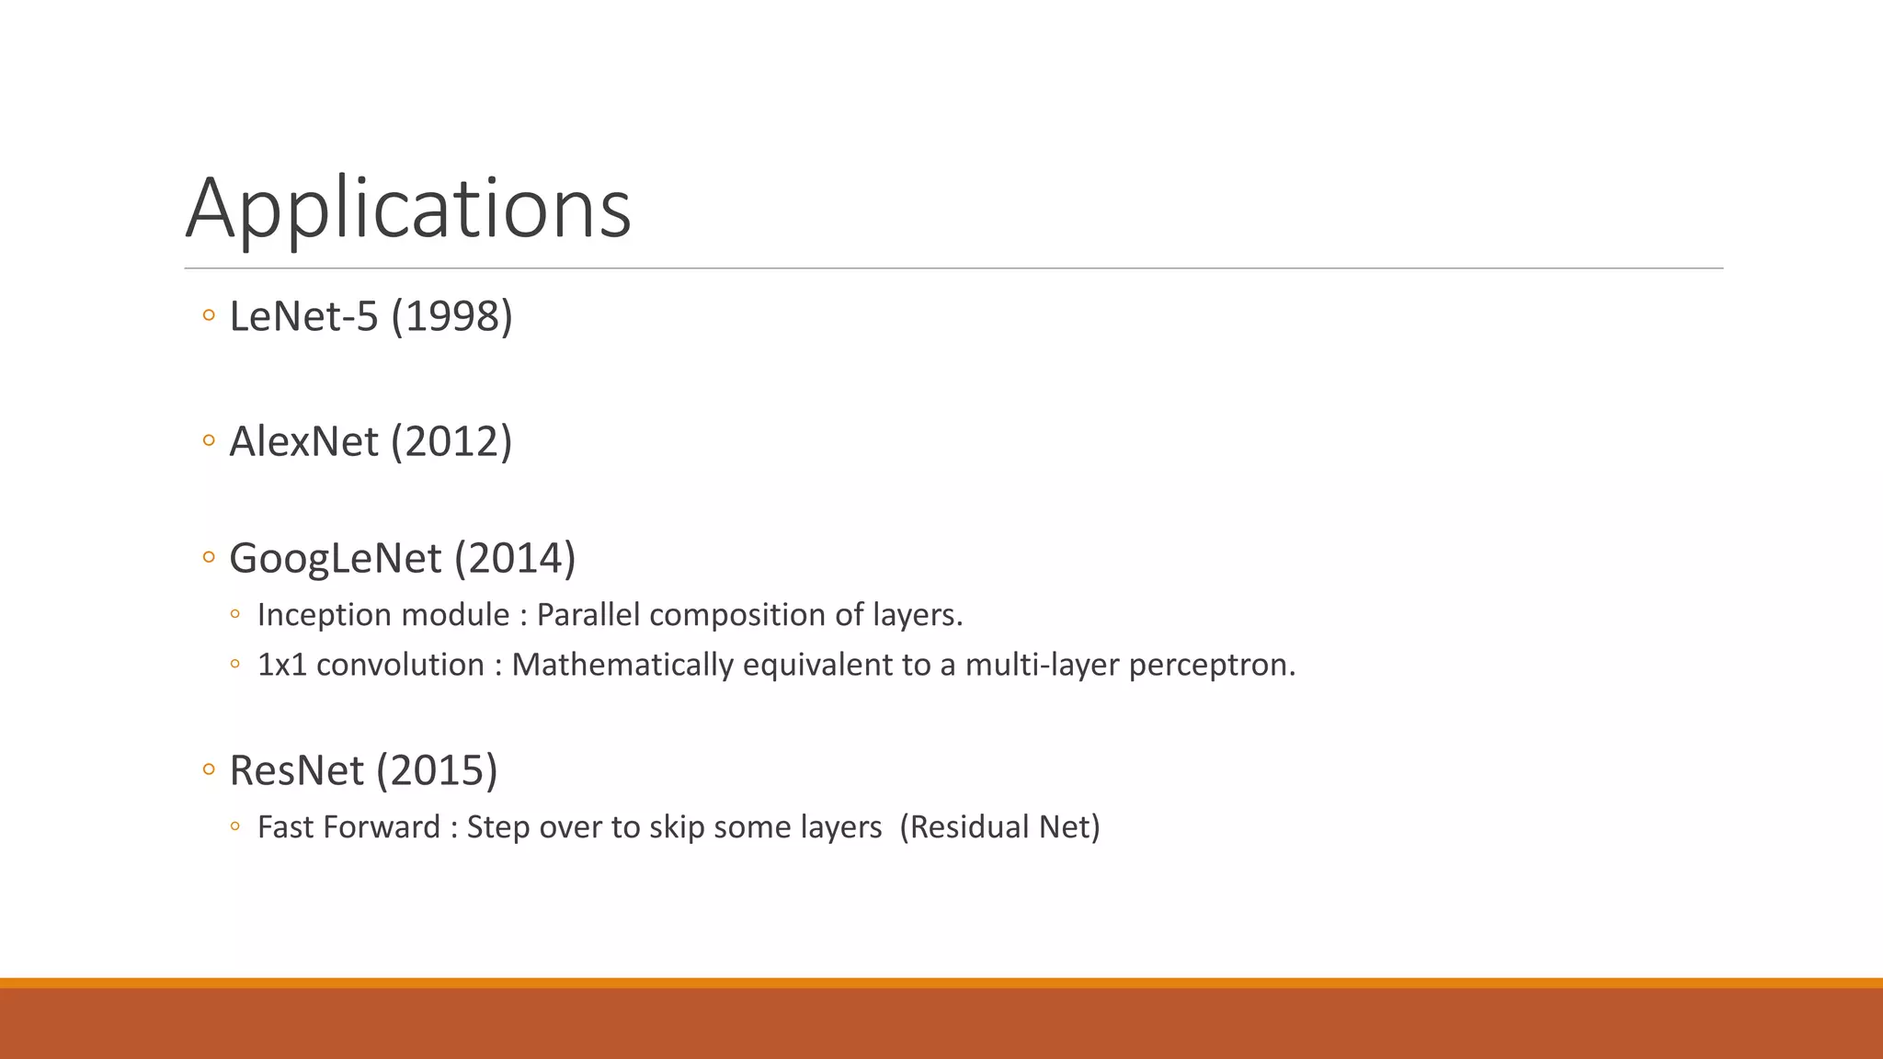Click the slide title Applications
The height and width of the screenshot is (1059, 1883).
pos(408,209)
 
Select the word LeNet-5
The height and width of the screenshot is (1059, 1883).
pos(303,317)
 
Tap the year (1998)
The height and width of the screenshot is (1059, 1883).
pos(451,317)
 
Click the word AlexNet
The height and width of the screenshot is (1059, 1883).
pos(303,442)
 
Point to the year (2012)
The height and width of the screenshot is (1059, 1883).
pos(451,442)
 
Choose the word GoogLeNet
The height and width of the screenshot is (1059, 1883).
pos(336,559)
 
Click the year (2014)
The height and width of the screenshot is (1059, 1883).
pos(515,559)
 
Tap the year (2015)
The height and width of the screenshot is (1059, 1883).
pos(438,771)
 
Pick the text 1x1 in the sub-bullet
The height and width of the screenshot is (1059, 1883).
pos(281,665)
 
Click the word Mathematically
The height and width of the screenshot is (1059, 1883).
pos(622,665)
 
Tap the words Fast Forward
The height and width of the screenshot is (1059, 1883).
pos(348,827)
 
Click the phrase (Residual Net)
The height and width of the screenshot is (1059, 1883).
pos(999,827)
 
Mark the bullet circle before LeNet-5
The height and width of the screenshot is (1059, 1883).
pos(209,316)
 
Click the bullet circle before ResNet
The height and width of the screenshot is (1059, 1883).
pos(209,769)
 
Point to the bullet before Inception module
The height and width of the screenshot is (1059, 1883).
pos(235,614)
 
